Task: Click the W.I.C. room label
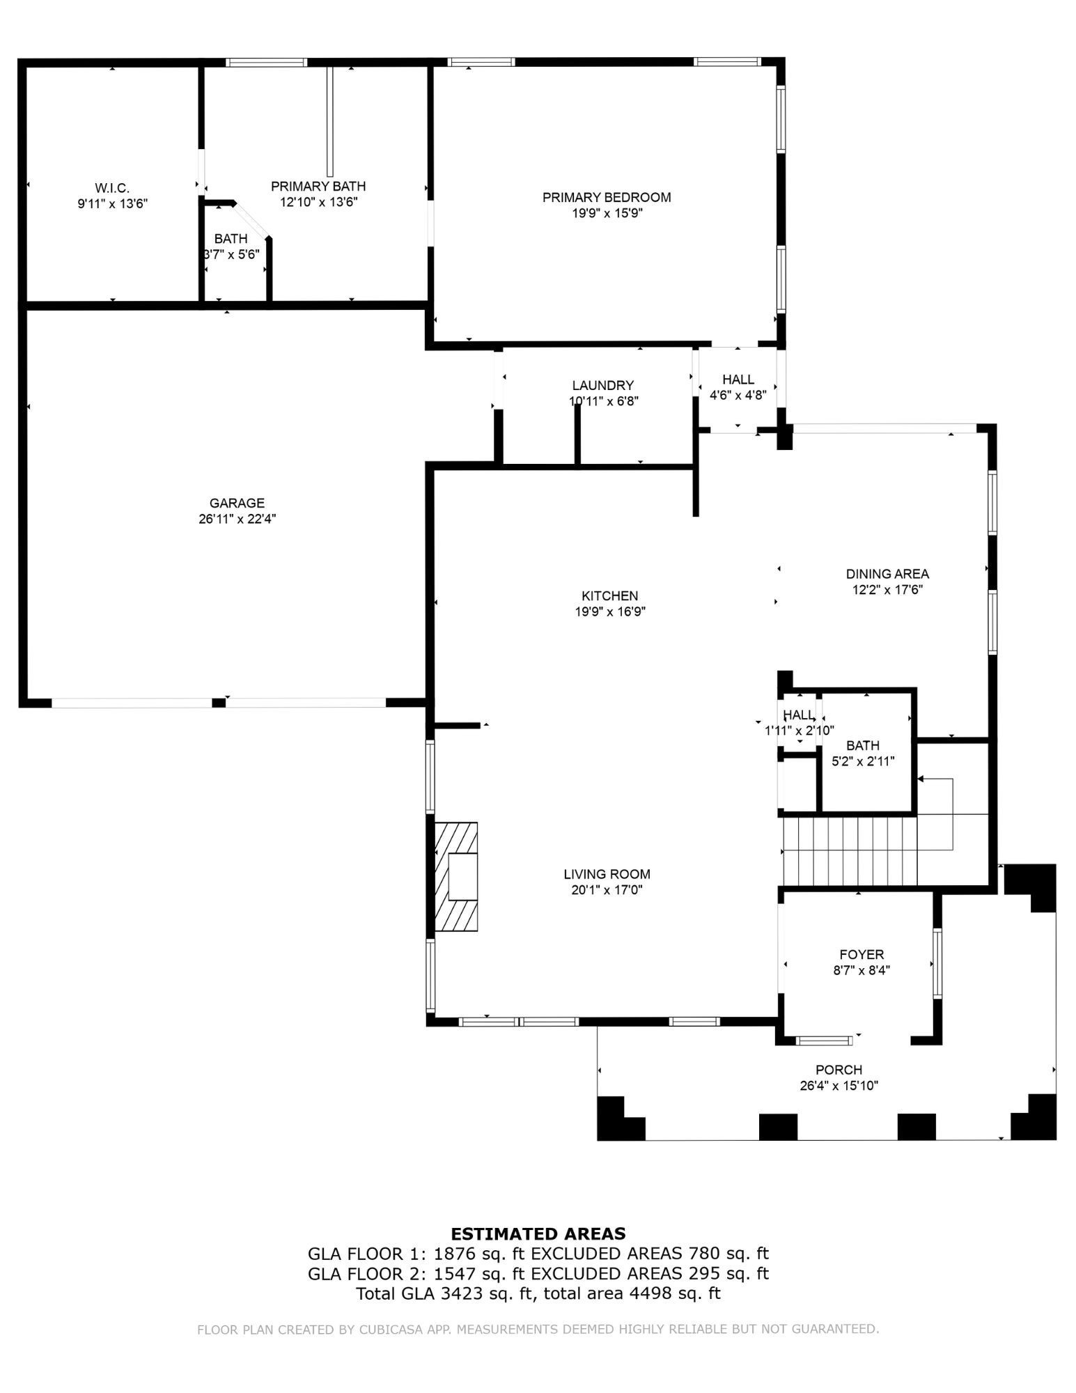tap(112, 188)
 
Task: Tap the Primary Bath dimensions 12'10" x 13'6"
tap(318, 202)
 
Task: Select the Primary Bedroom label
tap(607, 197)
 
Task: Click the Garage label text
tap(237, 503)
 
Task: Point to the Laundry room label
tap(603, 385)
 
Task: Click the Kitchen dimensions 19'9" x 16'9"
tap(610, 612)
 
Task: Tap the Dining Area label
tap(887, 574)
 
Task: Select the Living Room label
tap(607, 874)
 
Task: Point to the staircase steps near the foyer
tap(850, 850)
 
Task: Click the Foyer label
tap(861, 954)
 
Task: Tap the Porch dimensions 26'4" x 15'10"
tap(839, 1085)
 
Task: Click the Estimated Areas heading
tap(538, 1234)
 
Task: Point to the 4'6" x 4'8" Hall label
tap(738, 395)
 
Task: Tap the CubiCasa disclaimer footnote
tap(538, 1329)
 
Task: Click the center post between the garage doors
tap(219, 702)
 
